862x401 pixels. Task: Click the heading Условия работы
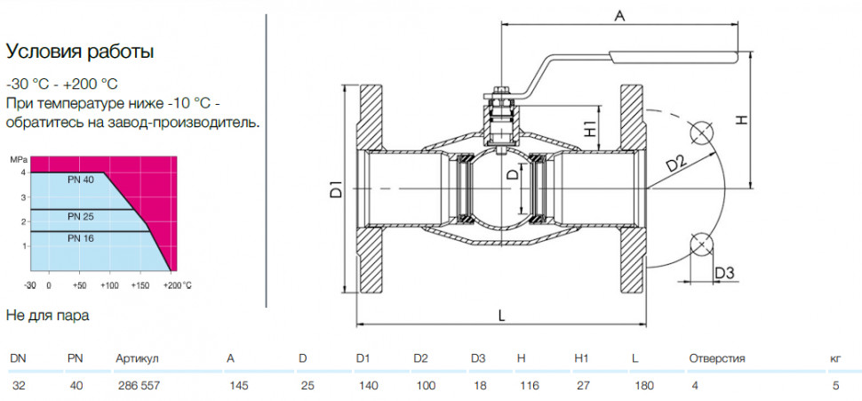[80, 52]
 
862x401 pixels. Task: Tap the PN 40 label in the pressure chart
[81, 180]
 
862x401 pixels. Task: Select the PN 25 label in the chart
[81, 216]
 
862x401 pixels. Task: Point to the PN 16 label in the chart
[81, 238]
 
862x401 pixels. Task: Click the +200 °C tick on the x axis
[177, 285]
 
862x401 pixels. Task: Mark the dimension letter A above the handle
[619, 17]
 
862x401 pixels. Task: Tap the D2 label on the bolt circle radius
[676, 165]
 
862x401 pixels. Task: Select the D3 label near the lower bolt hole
[725, 272]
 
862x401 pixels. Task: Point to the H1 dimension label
[590, 129]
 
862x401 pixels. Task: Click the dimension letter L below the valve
[501, 316]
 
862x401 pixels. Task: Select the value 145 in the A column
[238, 386]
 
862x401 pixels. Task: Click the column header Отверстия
[717, 358]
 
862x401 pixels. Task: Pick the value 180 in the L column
[643, 386]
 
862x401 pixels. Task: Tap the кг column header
[835, 358]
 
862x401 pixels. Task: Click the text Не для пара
[47, 316]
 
